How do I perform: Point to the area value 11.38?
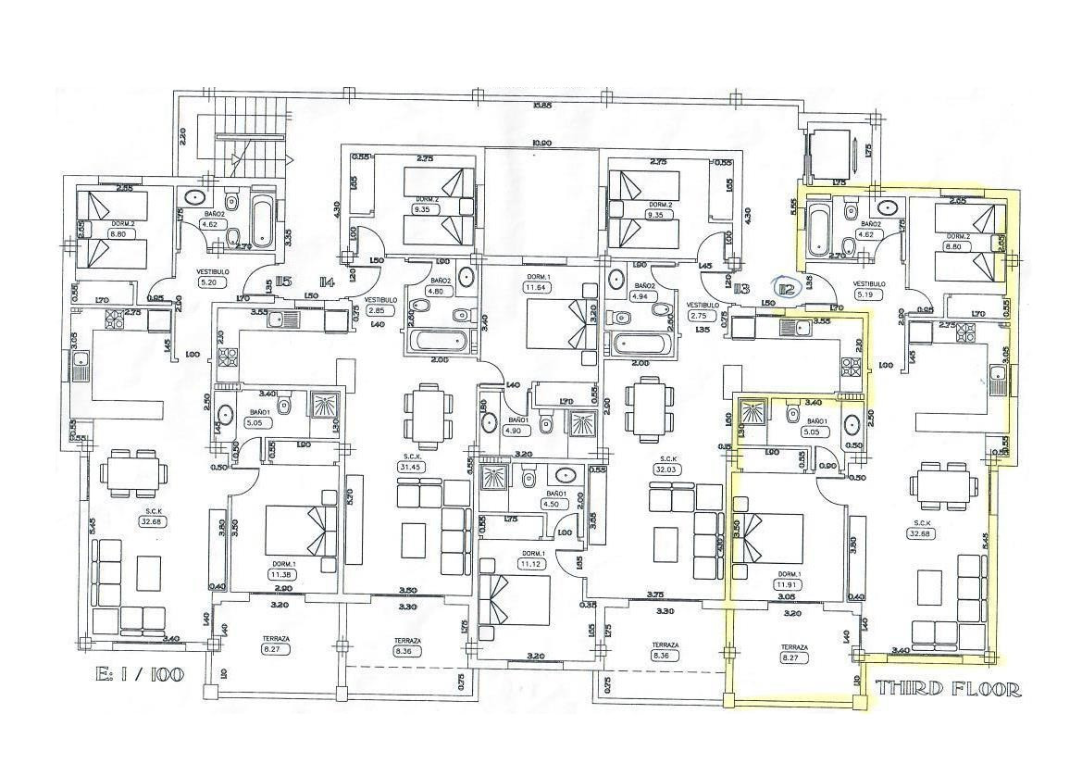click(x=281, y=575)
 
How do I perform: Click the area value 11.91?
click(x=788, y=584)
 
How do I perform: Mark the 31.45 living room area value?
click(x=407, y=467)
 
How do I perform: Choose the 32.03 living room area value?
click(x=665, y=469)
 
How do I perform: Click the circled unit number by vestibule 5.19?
click(x=787, y=289)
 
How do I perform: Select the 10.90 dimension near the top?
click(x=541, y=143)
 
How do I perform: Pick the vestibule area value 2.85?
click(x=377, y=310)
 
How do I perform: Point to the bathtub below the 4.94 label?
click(x=642, y=344)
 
